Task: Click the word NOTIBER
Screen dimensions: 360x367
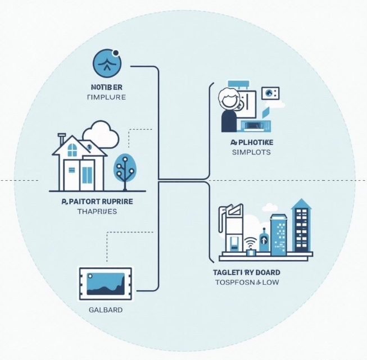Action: pyautogui.click(x=106, y=87)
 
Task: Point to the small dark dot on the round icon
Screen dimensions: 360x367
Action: pyautogui.click(x=116, y=54)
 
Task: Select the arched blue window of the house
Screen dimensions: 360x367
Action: pyautogui.click(x=73, y=149)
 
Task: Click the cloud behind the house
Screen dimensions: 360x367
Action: pyautogui.click(x=101, y=134)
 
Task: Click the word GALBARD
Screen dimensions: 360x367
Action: pyautogui.click(x=106, y=309)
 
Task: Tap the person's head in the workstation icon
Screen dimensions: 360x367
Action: pyautogui.click(x=230, y=99)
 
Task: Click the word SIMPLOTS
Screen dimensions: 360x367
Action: pyautogui.click(x=251, y=152)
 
